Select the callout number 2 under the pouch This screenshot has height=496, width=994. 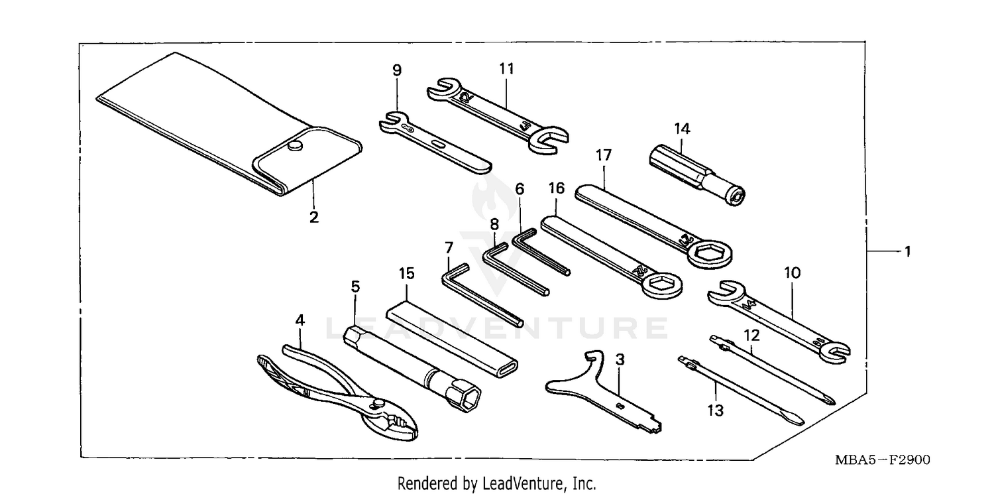pyautogui.click(x=313, y=217)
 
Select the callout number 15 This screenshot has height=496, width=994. pyautogui.click(x=406, y=273)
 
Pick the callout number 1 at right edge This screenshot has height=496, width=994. pyautogui.click(x=907, y=251)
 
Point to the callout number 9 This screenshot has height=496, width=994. pyautogui.click(x=396, y=70)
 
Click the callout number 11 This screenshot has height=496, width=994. pyautogui.click(x=506, y=68)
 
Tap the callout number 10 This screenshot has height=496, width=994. pyautogui.click(x=792, y=273)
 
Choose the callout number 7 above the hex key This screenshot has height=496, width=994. pyautogui.click(x=449, y=247)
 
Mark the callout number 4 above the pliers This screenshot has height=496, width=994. pyautogui.click(x=300, y=320)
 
